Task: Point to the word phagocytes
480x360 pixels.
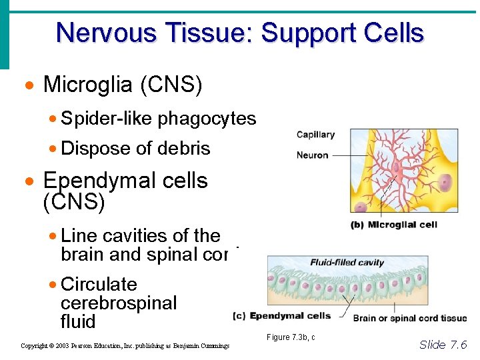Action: tap(207, 119)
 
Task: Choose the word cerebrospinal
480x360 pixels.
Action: tap(119, 303)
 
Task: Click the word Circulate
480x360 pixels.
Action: tap(99, 285)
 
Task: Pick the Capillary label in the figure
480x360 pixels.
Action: tap(315, 135)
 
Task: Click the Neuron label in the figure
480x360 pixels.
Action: tap(312, 155)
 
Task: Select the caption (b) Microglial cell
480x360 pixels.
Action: tap(393, 225)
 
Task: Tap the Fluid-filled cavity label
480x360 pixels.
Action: tap(347, 262)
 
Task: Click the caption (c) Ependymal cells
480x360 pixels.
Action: tap(281, 315)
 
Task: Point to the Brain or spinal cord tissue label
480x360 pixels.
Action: tap(410, 318)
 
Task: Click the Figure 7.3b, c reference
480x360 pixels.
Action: tap(291, 337)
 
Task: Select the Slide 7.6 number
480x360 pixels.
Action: tap(443, 344)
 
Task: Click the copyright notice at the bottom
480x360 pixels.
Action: tap(125, 345)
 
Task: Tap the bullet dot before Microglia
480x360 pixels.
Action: tap(28, 86)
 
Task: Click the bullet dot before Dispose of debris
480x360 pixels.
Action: tap(53, 149)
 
